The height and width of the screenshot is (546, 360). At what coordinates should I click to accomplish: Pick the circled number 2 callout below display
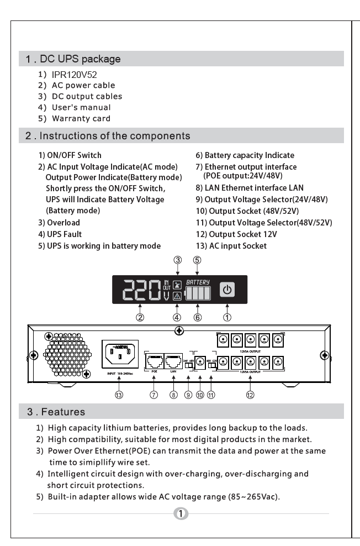(141, 317)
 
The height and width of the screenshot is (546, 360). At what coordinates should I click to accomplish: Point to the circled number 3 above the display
(177, 260)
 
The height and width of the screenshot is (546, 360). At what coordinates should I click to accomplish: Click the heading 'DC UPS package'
(85, 58)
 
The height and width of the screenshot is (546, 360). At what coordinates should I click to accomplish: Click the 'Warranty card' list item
(83, 118)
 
